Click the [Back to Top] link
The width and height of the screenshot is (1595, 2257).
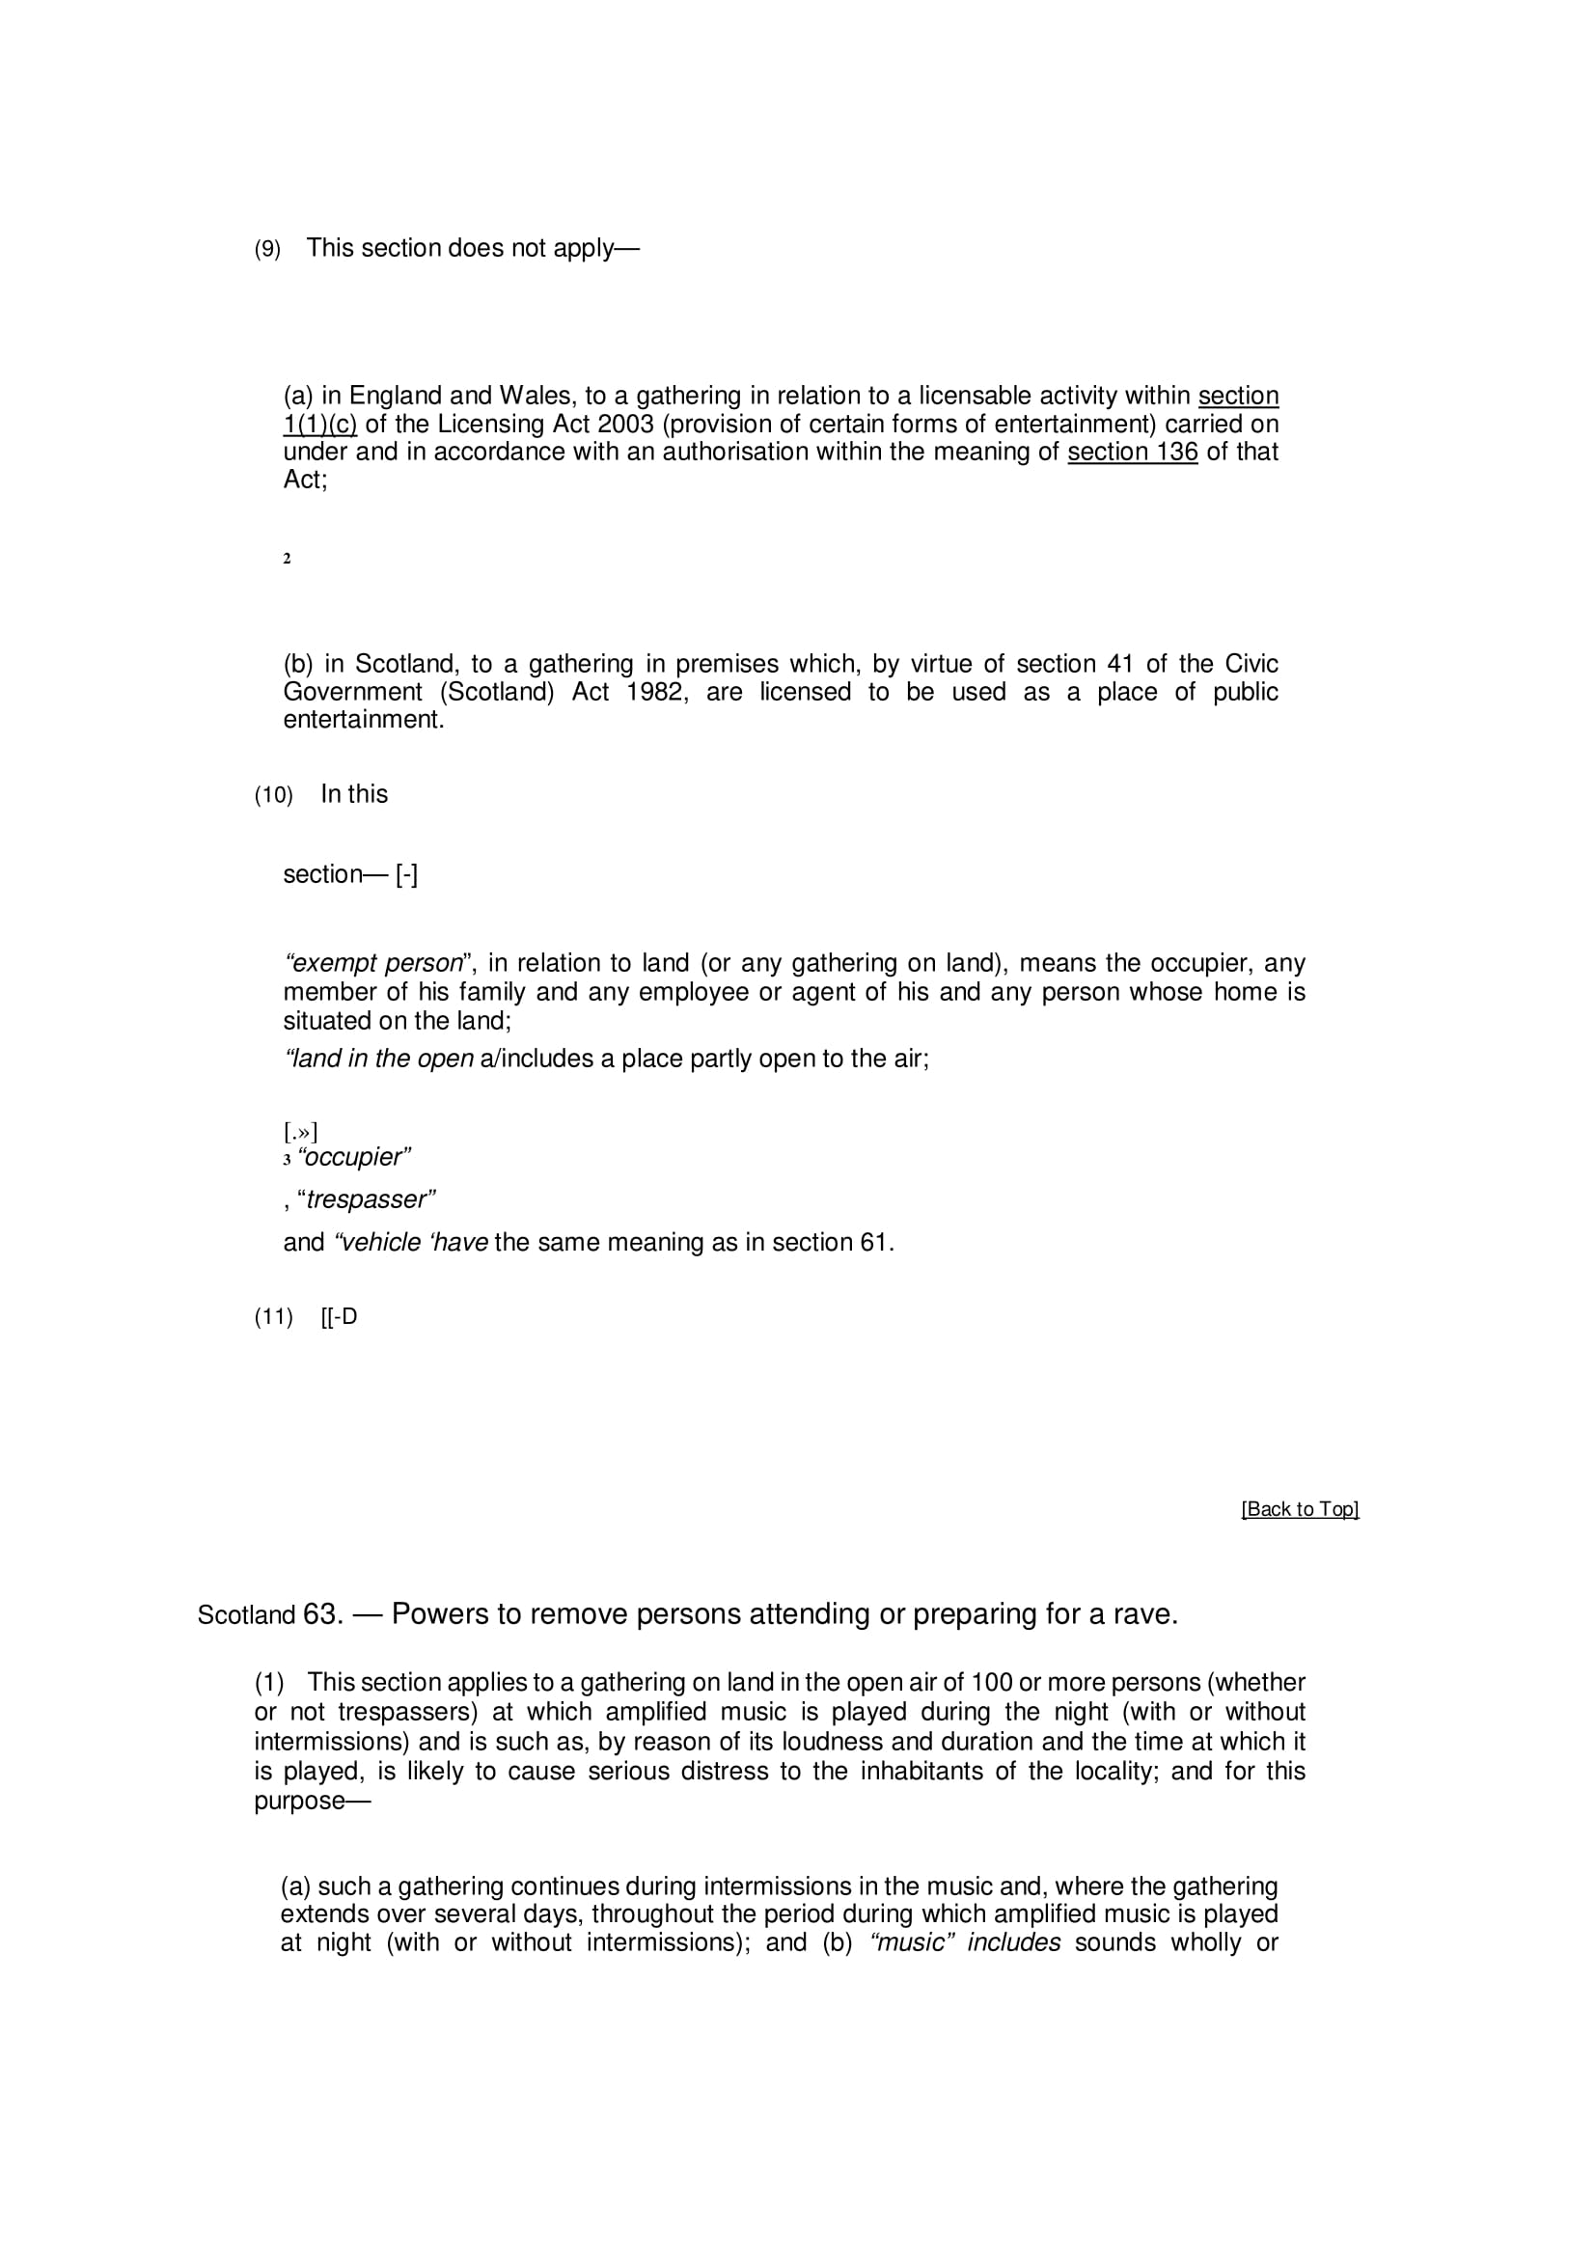pyautogui.click(x=1299, y=1509)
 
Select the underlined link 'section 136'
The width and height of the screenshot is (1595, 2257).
pyautogui.click(x=1132, y=453)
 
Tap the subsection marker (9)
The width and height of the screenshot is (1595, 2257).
pyautogui.click(x=267, y=250)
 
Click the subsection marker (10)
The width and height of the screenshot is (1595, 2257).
pyautogui.click(x=273, y=795)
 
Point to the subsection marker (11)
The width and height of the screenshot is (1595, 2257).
pyautogui.click(x=273, y=1317)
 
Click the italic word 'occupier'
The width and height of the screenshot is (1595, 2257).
pyautogui.click(x=354, y=1157)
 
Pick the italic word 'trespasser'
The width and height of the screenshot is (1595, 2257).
pyautogui.click(x=369, y=1200)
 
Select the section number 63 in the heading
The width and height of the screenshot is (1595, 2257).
pyautogui.click(x=320, y=1615)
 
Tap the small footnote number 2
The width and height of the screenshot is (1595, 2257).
pyautogui.click(x=287, y=560)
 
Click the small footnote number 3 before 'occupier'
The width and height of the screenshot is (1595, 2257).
pyautogui.click(x=287, y=1160)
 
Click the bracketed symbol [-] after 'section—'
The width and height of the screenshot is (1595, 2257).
pyautogui.click(x=407, y=875)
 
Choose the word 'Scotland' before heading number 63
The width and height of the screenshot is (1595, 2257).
pyautogui.click(x=246, y=1616)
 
